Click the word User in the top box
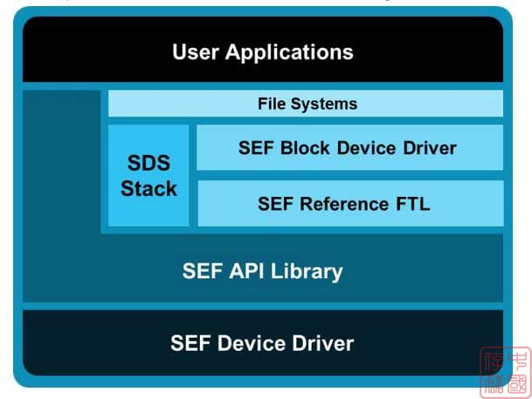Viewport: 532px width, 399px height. pos(196,52)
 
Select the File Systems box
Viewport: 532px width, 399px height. pos(306,103)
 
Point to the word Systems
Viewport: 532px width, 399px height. pos(325,103)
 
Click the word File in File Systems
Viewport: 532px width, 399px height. pos(273,103)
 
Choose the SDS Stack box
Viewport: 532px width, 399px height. pos(149,175)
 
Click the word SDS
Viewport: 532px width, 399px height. pos(149,164)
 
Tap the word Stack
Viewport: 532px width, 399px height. pos(149,188)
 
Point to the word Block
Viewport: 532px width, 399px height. pos(303,148)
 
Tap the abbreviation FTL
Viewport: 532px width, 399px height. pos(411,204)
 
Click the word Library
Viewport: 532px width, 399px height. pos(306,271)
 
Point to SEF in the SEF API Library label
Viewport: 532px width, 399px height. pos(200,271)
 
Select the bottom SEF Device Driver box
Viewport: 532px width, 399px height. pos(262,342)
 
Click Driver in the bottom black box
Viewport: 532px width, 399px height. pos(323,342)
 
